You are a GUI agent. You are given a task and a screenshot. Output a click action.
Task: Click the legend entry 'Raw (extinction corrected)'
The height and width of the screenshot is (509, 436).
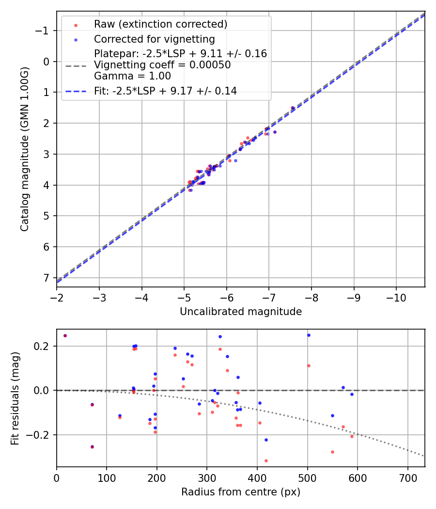click(160, 24)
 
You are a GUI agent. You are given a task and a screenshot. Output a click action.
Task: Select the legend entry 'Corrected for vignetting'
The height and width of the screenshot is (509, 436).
click(155, 39)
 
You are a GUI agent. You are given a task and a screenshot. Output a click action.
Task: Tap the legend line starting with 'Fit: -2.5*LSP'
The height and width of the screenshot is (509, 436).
click(165, 91)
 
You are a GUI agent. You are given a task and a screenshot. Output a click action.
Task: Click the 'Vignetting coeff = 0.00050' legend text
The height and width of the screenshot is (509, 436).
click(162, 65)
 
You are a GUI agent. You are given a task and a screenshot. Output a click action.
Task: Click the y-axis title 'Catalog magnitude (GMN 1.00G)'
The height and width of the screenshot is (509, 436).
click(25, 149)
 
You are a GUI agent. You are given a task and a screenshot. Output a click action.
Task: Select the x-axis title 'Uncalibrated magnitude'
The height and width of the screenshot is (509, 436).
click(241, 312)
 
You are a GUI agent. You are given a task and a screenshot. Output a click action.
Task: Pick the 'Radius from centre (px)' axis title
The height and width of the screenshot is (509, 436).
click(241, 492)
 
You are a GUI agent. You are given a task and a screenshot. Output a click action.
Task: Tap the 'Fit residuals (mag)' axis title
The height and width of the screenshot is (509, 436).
click(15, 398)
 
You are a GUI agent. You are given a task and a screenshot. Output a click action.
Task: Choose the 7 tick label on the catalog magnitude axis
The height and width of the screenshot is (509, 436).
click(46, 278)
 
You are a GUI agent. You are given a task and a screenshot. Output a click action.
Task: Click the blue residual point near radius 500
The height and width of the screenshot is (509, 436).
click(309, 335)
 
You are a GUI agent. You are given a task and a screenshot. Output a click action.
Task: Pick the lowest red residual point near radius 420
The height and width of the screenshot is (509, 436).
click(266, 461)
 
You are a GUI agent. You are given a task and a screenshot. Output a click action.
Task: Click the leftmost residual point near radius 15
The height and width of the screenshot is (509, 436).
click(65, 335)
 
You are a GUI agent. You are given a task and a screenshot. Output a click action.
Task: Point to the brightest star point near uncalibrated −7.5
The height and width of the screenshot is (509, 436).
click(293, 108)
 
